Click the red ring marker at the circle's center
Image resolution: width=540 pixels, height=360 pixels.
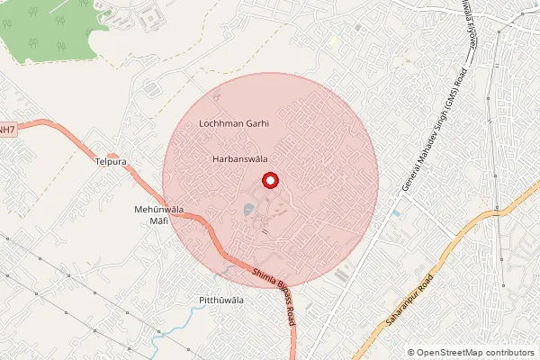268,180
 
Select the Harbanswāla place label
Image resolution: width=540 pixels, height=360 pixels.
238,158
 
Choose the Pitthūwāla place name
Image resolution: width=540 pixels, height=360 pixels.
220,300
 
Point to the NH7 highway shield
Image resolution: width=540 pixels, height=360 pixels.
7,130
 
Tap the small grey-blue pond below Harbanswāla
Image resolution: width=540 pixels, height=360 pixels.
247,211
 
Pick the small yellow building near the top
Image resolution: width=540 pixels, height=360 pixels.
334,40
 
